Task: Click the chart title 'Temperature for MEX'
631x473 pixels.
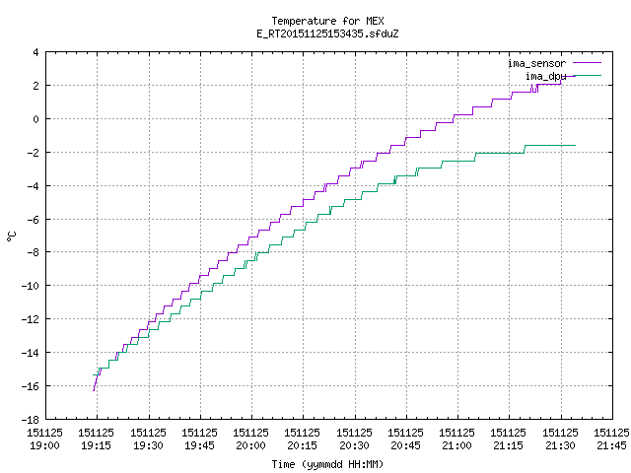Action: (327, 21)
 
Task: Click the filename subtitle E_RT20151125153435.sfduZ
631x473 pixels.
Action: (327, 34)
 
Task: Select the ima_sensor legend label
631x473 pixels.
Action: (536, 63)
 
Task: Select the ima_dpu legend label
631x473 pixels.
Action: (545, 76)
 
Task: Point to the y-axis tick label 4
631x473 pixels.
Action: (36, 52)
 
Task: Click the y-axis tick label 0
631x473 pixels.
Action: (36, 119)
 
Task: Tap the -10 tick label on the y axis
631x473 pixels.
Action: (31, 286)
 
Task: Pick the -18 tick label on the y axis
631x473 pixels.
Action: (31, 420)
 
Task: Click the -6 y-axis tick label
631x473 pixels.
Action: (33, 219)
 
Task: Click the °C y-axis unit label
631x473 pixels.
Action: (11, 236)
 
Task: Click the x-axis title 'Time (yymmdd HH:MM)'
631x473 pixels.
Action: (327, 464)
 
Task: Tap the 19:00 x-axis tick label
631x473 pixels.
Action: (44, 445)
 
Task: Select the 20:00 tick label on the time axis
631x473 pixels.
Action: (250, 445)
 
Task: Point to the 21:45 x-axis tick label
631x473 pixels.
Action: (611, 445)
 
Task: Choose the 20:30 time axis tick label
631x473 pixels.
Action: (354, 445)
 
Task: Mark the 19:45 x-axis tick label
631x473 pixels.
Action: (199, 445)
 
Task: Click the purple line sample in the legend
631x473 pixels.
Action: (588, 63)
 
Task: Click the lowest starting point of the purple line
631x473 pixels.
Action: (94, 390)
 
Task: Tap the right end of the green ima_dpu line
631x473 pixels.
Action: (576, 145)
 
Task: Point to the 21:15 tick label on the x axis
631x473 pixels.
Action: (509, 445)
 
